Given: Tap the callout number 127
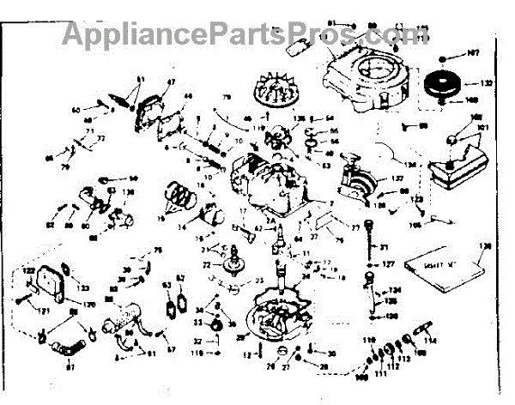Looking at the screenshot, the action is pos(388,264).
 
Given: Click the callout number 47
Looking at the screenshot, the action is pos(170,82).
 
